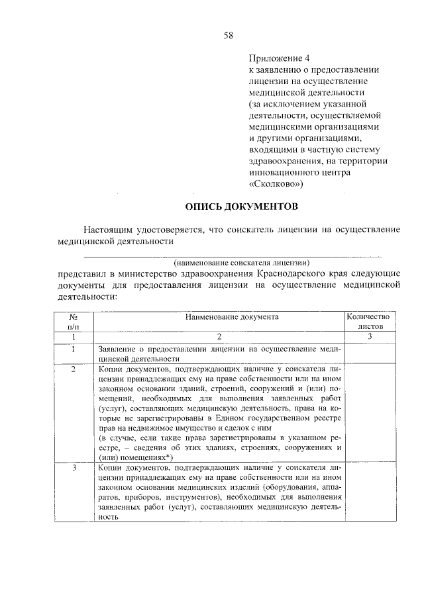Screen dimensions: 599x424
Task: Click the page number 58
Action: pos(227,34)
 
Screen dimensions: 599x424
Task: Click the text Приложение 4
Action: pos(278,58)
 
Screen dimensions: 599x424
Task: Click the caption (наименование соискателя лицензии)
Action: pos(242,263)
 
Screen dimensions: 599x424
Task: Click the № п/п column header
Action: pos(74,322)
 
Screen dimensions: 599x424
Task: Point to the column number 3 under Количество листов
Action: pos(371,337)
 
